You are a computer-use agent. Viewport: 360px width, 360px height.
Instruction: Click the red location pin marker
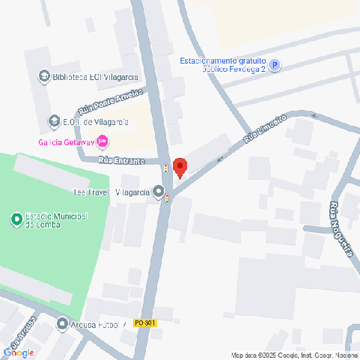180,167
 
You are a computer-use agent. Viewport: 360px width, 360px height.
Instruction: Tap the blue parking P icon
274,66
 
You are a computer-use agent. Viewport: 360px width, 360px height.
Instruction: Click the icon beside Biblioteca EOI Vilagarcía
43,76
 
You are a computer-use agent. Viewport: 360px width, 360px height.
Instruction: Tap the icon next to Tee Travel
159,192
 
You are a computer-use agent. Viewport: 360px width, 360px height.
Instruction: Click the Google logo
19,352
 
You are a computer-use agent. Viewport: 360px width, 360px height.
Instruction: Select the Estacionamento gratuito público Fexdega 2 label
223,65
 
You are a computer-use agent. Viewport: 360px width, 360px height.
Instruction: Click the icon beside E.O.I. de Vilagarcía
54,121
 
